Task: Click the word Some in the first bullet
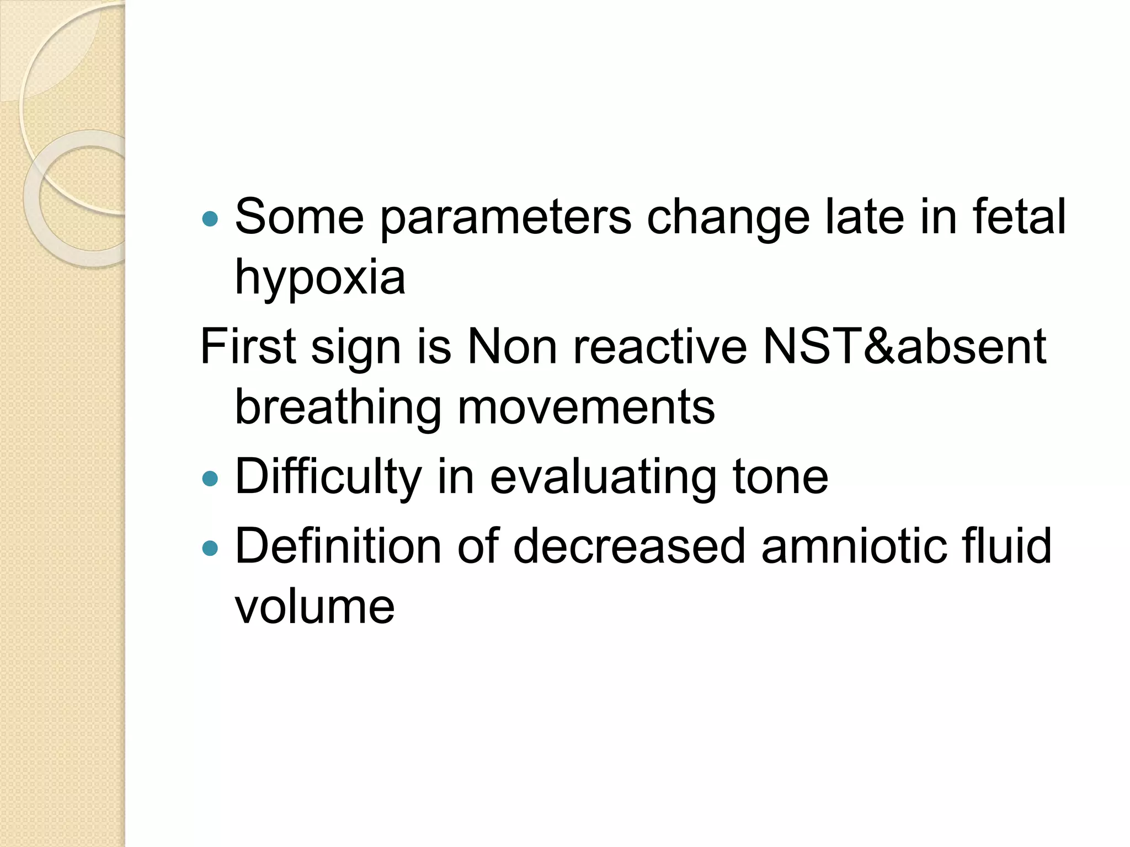pos(299,217)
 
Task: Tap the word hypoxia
pos(320,277)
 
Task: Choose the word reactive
pos(660,347)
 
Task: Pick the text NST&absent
pos(903,347)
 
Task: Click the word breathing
pos(338,408)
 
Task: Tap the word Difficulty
pos(328,478)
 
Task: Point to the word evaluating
pos(603,478)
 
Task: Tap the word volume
pos(315,607)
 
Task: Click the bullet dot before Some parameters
pos(210,219)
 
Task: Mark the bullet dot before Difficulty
pos(210,479)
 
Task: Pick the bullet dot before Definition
pos(210,548)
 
